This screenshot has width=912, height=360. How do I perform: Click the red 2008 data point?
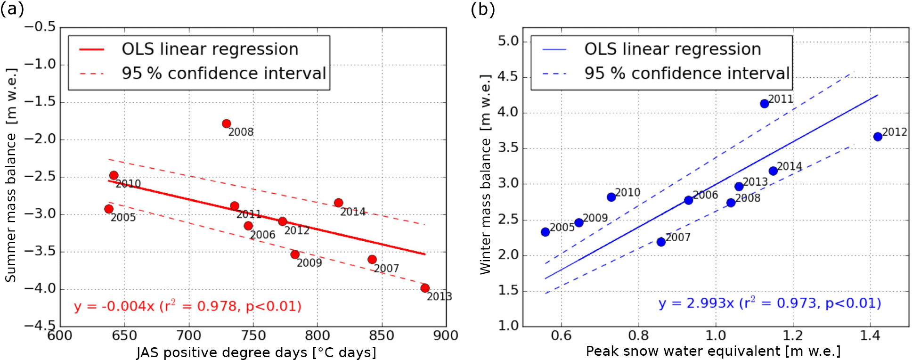[226, 124]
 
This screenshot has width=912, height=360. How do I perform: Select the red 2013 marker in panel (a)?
[425, 288]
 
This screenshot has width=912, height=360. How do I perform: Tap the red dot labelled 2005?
[109, 209]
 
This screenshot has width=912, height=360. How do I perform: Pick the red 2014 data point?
[338, 203]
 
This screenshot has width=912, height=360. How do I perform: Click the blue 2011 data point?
[765, 104]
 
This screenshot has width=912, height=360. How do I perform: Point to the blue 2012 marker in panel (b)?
[878, 137]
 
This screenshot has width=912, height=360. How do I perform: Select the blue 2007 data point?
[661, 242]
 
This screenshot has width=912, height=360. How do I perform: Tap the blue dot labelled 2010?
[611, 197]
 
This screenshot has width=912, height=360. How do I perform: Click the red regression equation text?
[187, 306]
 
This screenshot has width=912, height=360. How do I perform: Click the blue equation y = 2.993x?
[769, 303]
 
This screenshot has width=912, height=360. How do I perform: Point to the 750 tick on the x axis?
[253, 335]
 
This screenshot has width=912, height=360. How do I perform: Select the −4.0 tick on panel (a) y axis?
[40, 288]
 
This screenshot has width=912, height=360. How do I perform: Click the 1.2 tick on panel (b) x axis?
[793, 335]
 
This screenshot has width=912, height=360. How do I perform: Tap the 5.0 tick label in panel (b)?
[508, 41]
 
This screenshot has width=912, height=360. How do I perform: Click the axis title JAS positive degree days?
[256, 352]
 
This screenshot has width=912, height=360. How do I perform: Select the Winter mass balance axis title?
[485, 174]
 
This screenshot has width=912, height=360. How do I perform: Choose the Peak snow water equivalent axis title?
[713, 351]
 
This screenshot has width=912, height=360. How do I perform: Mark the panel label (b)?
[482, 9]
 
